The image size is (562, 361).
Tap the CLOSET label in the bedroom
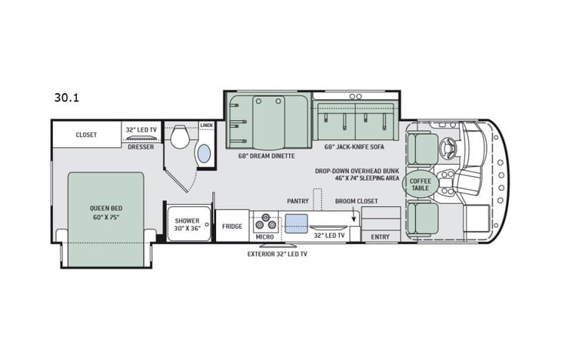point(86,135)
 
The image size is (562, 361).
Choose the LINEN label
point(206,125)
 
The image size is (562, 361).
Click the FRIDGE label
point(232,226)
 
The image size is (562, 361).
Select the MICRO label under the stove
point(265,236)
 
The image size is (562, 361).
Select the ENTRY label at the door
point(380,236)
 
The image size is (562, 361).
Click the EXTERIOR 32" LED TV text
point(278,253)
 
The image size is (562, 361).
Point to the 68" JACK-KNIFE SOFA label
point(354,146)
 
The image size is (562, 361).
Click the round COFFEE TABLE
point(424,184)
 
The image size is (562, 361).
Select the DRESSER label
point(141,145)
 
